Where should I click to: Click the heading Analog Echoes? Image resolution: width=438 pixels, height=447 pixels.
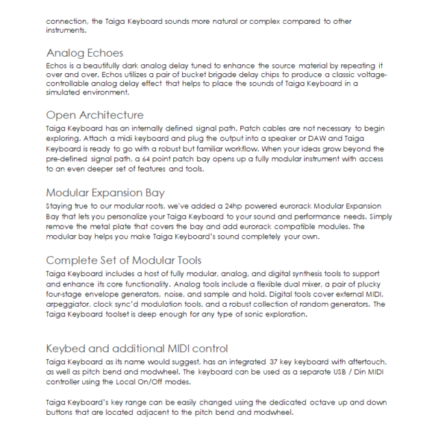pos(85,53)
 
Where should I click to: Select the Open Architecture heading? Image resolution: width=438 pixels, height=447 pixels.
pos(94,115)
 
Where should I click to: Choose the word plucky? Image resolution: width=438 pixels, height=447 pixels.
pos(364,285)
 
